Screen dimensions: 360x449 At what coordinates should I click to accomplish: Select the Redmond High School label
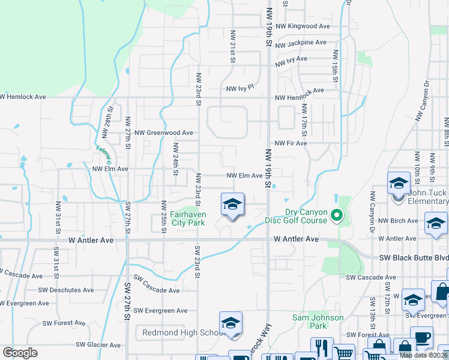(x=183, y=332)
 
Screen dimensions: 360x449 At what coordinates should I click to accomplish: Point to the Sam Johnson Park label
(x=318, y=322)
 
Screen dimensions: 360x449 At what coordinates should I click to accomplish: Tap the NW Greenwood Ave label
(x=164, y=133)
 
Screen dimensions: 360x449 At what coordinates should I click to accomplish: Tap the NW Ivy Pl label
(x=240, y=89)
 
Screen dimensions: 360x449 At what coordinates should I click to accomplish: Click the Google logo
(x=20, y=353)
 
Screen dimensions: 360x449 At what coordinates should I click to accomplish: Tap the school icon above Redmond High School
(x=231, y=323)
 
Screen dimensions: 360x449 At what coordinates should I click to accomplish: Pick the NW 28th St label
(x=110, y=116)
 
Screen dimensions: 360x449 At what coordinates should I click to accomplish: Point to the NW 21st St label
(x=232, y=46)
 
